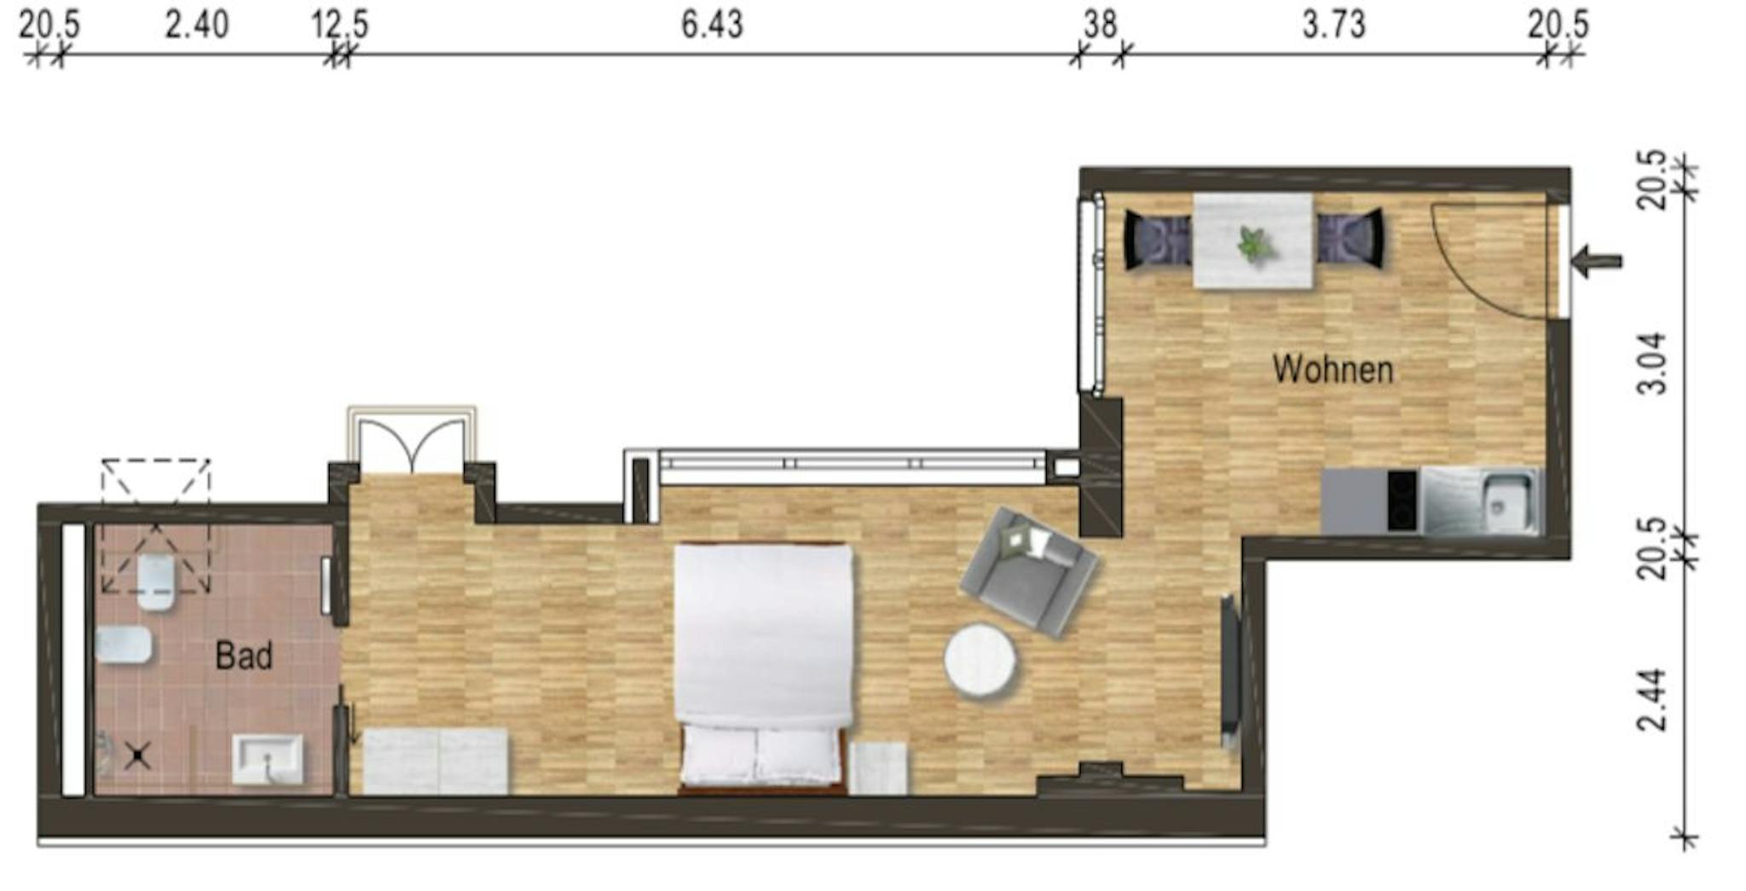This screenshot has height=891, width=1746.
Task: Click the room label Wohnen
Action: click(x=1333, y=369)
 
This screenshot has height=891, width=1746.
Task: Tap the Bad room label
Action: click(x=244, y=656)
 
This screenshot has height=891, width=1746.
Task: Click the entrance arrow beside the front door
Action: click(x=1596, y=261)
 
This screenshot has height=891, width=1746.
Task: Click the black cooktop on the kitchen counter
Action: click(x=1402, y=500)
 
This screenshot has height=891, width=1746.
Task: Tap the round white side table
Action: click(x=980, y=662)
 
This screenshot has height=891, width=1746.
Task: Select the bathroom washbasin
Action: click(x=268, y=759)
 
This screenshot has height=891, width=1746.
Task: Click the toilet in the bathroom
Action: click(x=157, y=582)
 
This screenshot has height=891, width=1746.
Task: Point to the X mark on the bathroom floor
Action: click(x=138, y=755)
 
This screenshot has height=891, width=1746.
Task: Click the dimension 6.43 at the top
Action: click(x=712, y=24)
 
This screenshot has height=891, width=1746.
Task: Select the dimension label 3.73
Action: click(x=1333, y=24)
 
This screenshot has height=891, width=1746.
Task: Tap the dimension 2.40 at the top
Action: click(x=197, y=24)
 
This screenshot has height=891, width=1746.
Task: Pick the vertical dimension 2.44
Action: click(x=1652, y=701)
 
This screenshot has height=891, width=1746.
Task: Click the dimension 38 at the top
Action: click(x=1100, y=24)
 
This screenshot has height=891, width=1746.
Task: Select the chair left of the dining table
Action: click(x=1157, y=240)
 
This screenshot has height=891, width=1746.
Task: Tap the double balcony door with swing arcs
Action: click(x=412, y=440)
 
